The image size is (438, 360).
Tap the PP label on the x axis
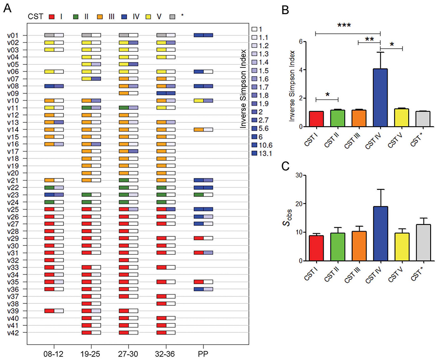click(203, 352)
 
